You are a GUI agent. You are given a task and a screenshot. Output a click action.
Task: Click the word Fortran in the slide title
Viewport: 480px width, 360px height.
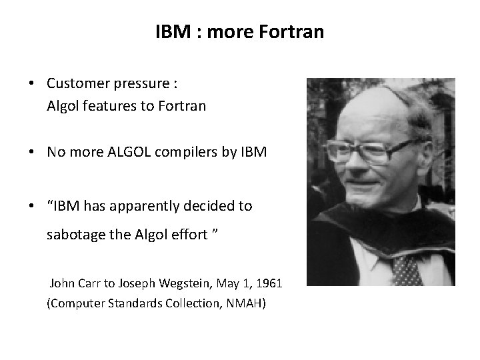coord(293,31)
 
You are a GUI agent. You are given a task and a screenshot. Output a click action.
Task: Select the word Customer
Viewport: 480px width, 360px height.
coord(77,85)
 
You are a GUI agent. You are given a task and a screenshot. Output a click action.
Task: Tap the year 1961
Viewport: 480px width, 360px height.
coord(268,283)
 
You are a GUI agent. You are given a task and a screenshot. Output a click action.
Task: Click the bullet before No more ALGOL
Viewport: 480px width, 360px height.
coord(32,152)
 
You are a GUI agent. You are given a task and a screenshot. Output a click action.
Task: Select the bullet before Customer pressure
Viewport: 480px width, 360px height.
coord(32,85)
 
